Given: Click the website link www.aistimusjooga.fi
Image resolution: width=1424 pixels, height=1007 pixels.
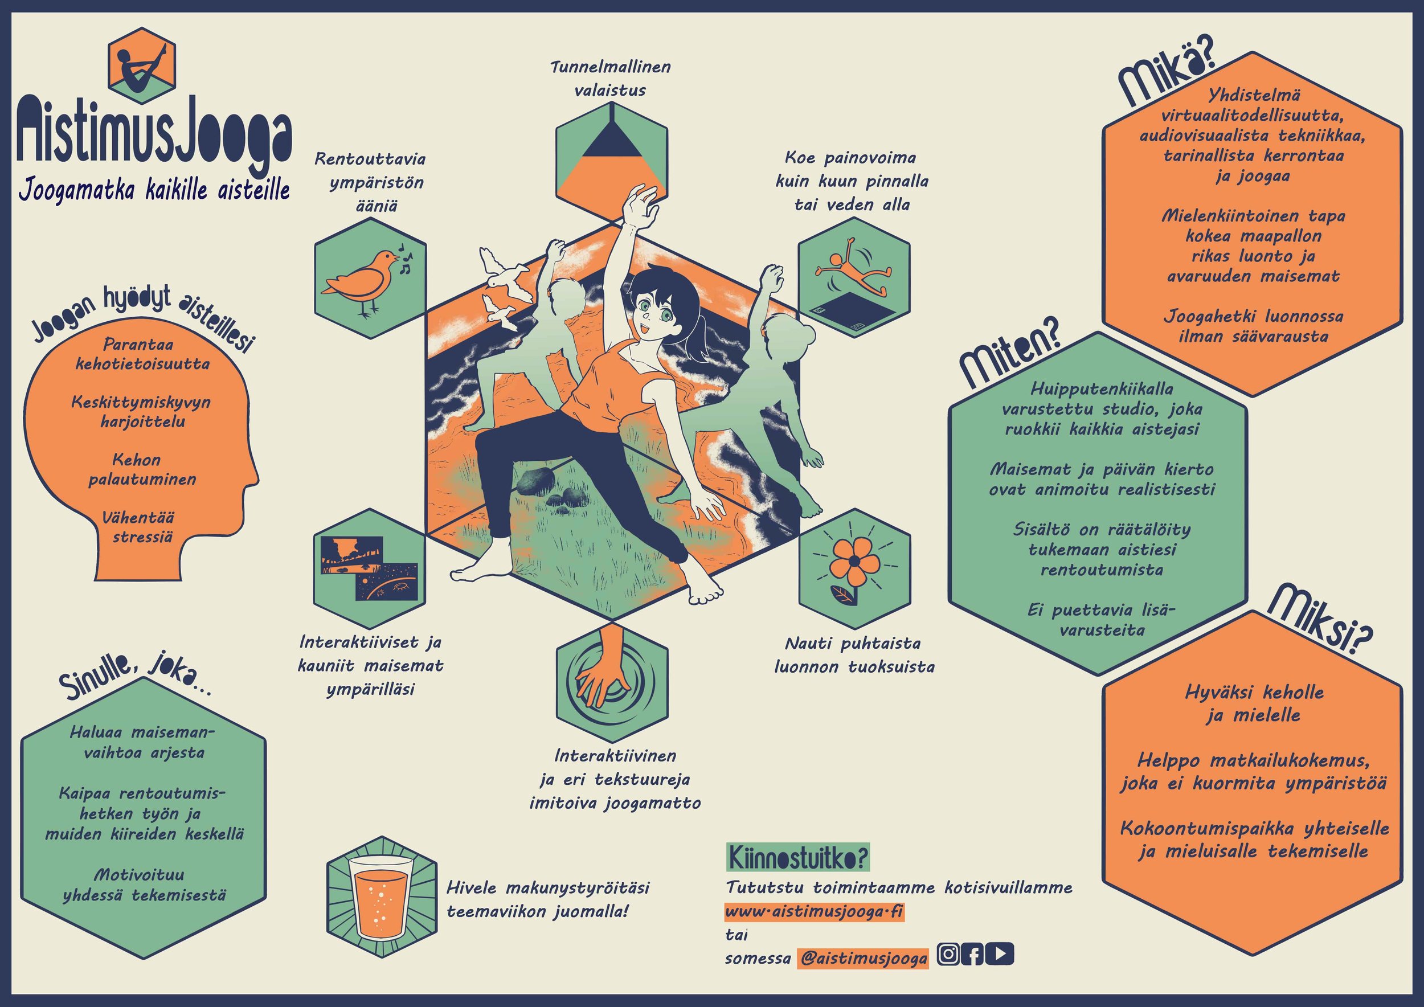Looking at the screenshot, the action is [x=815, y=912].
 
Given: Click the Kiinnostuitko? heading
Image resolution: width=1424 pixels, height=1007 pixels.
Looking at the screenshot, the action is [x=798, y=859].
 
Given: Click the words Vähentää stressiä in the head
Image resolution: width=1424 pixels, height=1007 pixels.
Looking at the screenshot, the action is [x=142, y=526].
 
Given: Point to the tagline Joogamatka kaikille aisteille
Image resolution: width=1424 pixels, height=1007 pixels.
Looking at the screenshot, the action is [x=154, y=190].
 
